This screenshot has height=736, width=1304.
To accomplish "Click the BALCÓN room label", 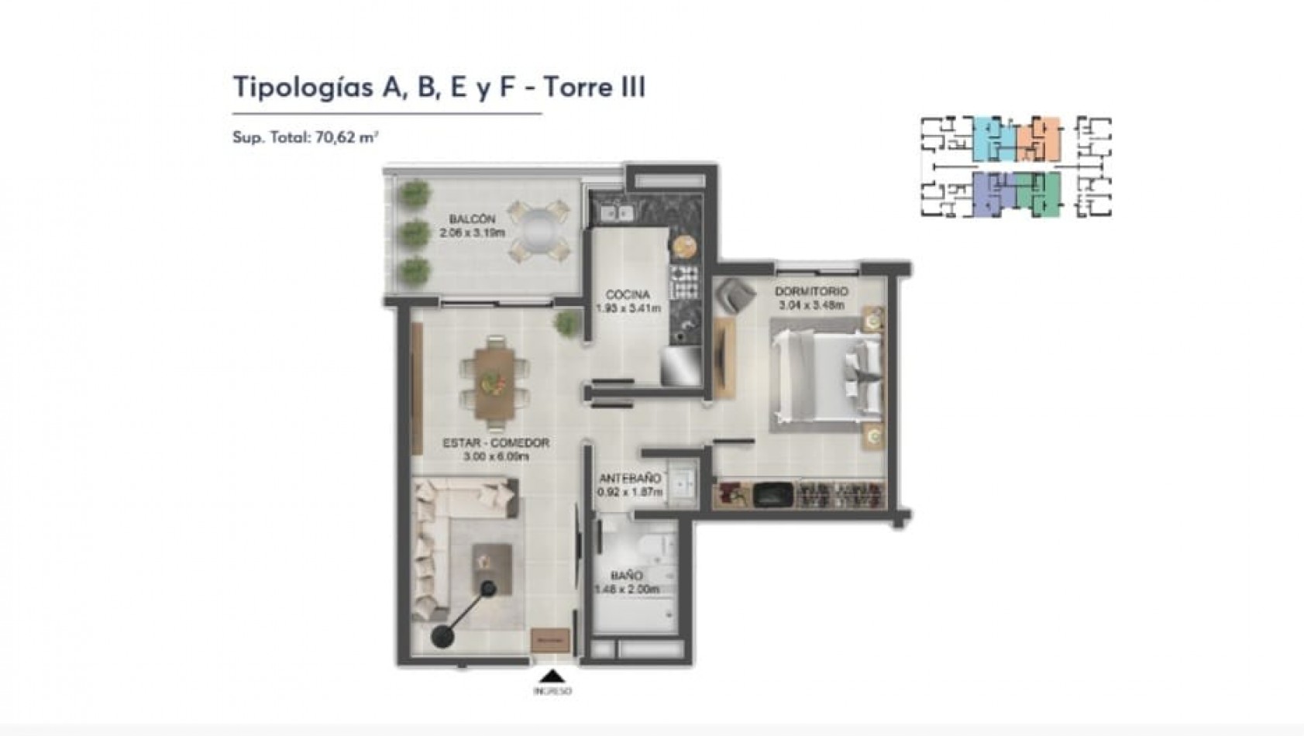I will pos(472,220).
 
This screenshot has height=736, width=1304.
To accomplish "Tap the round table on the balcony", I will pos(538,230).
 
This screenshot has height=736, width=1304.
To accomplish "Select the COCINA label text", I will pos(628,295).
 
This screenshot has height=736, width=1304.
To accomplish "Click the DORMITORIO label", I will pos(811,292).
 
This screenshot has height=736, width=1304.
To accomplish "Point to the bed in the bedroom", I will pos(825,377).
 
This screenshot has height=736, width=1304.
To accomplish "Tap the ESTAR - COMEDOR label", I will pos(496,443).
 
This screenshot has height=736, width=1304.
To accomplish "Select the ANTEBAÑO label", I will pos(630,479).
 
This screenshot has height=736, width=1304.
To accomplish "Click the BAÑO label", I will pos(626,576).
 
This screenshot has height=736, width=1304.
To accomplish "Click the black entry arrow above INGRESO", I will pos(552,676).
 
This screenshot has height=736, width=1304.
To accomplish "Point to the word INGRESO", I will pos(552,690).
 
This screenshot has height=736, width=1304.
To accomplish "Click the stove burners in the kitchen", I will pos(684,282).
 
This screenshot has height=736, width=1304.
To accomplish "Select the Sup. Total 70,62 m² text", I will pos(305,138).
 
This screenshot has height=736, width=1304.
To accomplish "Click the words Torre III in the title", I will pos(593,87).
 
